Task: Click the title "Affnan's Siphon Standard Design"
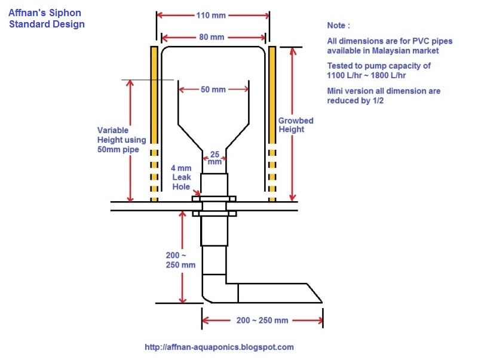(46, 18)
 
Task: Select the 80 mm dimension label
(212, 37)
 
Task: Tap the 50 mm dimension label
(213, 90)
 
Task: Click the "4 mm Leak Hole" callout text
(181, 177)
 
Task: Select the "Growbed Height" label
(296, 125)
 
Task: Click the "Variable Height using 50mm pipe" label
(118, 140)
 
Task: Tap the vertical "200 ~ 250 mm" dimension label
(180, 260)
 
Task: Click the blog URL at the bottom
(219, 347)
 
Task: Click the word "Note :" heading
(339, 26)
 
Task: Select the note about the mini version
(383, 96)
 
